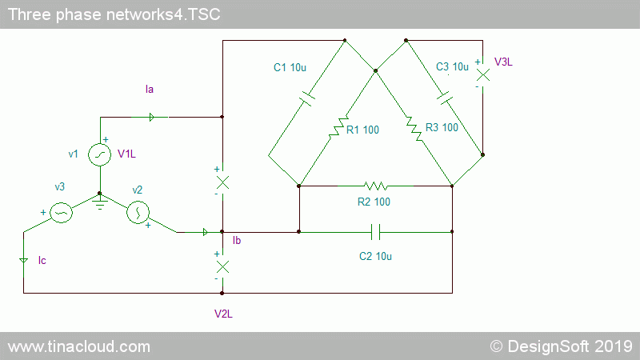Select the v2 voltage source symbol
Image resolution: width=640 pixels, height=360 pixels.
tap(138, 212)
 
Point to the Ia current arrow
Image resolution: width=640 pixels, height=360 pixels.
tap(151, 117)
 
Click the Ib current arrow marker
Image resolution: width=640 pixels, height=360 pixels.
tap(206, 232)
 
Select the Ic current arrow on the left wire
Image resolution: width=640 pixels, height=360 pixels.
tap(24, 261)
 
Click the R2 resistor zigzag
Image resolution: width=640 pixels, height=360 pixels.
tap(375, 186)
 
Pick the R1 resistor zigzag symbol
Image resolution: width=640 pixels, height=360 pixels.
tap(338, 126)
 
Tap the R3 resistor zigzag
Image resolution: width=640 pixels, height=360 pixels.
tap(414, 129)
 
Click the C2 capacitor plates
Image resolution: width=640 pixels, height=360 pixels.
tap(376, 232)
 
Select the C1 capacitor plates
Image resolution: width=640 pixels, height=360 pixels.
tap(307, 98)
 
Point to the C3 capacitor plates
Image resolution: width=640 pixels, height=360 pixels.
tap(445, 98)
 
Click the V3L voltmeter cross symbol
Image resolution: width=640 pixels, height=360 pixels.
tap(483, 75)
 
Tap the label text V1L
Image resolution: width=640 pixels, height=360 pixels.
tap(126, 154)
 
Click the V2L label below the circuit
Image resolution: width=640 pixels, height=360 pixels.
tap(223, 314)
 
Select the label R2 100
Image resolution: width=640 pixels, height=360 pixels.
tap(374, 202)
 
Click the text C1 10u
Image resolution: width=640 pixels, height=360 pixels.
tap(290, 67)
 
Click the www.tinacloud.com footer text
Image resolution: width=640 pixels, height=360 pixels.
tap(79, 346)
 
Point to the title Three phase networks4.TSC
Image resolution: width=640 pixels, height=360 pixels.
tap(114, 14)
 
